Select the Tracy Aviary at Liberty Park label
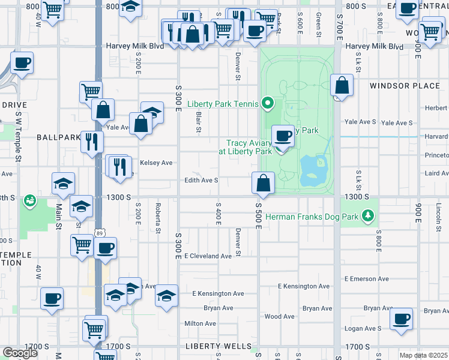249,147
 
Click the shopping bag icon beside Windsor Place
342,85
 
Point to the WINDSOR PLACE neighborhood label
405,86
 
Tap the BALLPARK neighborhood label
58,137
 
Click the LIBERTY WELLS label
218,346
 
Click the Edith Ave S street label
201,180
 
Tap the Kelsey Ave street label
156,163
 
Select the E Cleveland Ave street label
208,256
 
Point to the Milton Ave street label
200,323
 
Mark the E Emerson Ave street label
367,279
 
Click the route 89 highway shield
98,232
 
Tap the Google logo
20,353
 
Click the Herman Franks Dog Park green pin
371,215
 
